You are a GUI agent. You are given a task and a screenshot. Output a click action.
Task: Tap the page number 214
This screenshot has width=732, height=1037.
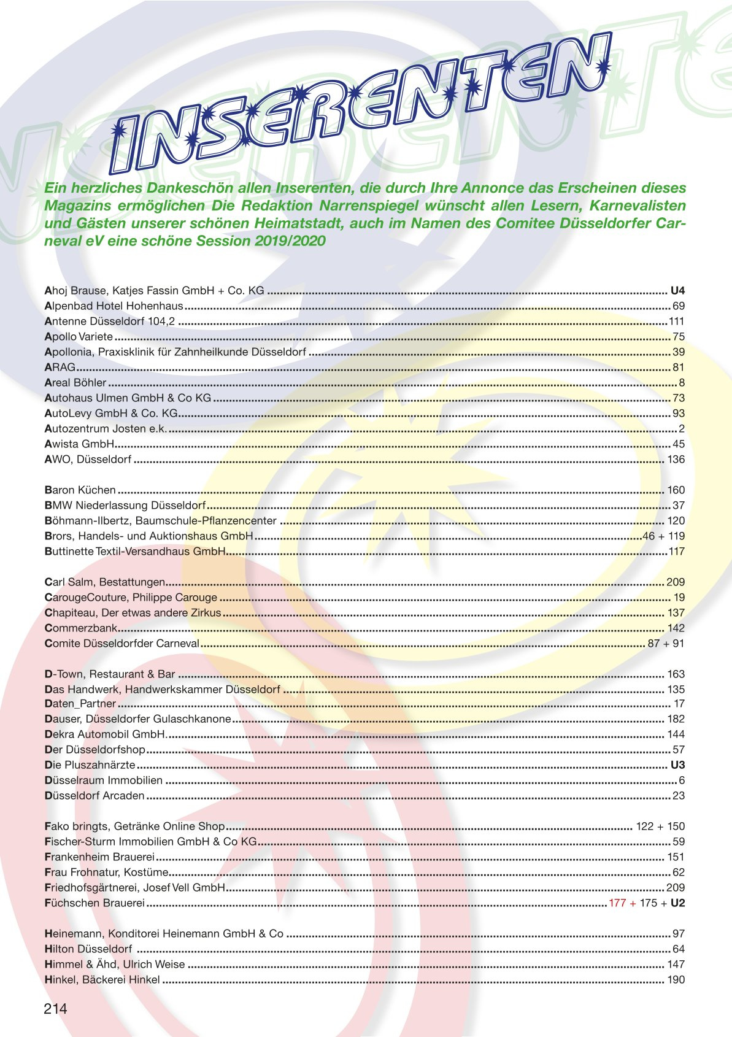(x=55, y=1009)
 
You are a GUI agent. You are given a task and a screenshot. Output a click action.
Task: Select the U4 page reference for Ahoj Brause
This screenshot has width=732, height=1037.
(x=677, y=290)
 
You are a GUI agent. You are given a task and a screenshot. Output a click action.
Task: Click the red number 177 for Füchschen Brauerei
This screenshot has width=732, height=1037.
(x=617, y=903)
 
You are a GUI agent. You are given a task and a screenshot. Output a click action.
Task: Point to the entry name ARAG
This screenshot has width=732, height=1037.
(x=60, y=368)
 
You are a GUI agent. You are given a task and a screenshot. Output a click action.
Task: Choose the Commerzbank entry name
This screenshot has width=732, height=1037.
(x=81, y=628)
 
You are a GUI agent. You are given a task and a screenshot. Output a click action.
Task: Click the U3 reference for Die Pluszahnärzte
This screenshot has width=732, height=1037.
(x=677, y=765)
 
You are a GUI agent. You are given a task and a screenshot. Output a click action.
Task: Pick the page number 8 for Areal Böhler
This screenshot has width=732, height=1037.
(x=682, y=383)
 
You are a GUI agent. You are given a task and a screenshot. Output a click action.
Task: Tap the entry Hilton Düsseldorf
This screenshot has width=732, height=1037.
(x=88, y=949)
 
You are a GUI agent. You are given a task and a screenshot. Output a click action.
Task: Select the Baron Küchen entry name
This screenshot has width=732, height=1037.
(x=80, y=490)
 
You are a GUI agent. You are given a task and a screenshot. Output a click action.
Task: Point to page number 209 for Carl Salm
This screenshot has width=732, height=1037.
(x=676, y=582)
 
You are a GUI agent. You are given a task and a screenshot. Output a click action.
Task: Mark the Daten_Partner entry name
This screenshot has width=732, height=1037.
(x=80, y=704)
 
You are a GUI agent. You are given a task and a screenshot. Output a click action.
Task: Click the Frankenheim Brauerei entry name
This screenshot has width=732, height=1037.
(x=99, y=857)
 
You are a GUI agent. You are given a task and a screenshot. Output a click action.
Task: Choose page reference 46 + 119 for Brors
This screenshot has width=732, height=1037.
(x=663, y=536)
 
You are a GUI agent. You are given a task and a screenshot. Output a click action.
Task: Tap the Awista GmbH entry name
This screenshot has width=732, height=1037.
(x=80, y=444)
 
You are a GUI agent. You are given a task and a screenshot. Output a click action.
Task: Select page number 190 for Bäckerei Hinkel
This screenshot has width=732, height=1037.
(x=676, y=980)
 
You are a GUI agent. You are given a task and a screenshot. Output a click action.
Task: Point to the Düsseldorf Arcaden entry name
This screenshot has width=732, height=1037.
(x=94, y=796)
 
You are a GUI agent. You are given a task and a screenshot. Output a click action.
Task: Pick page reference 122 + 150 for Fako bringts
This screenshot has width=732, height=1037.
(x=660, y=827)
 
